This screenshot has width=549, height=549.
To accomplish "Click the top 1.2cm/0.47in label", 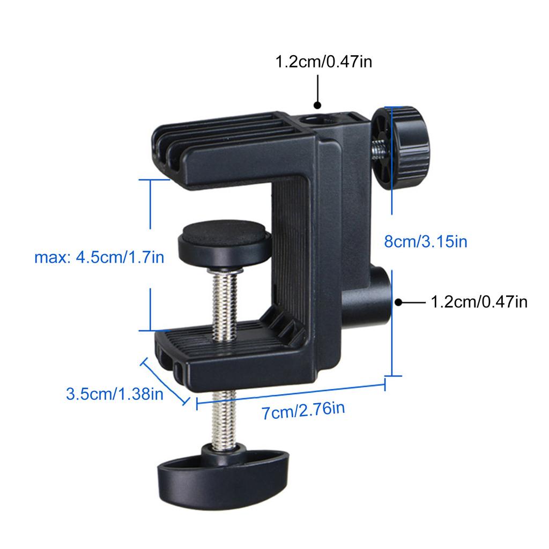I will click(x=323, y=62).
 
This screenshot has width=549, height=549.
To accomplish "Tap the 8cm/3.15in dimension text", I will click(x=426, y=242).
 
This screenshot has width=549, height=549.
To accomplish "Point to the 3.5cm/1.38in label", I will click(x=114, y=395).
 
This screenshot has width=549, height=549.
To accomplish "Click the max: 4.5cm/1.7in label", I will click(x=99, y=258).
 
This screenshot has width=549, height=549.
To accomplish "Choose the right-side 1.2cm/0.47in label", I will click(x=479, y=302).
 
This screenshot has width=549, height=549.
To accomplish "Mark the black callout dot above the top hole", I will click(x=317, y=106).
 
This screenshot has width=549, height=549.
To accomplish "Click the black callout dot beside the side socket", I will click(x=398, y=302).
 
